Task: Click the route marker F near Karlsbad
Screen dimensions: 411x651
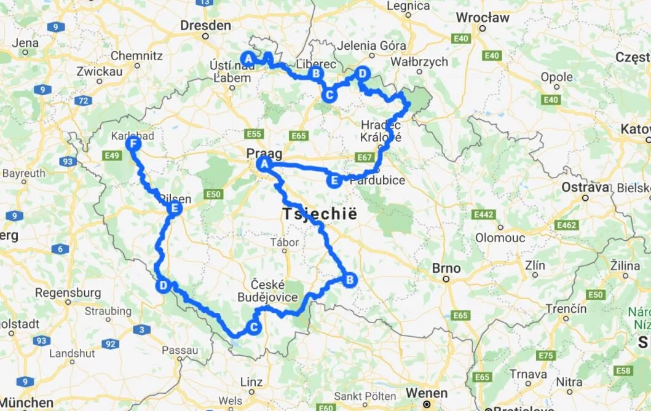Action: point(133,144)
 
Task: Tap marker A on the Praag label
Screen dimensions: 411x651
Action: point(264,164)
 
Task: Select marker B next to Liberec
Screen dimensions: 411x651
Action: point(315,74)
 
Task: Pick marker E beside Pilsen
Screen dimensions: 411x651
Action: point(175,209)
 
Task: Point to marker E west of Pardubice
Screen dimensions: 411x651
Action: point(334,181)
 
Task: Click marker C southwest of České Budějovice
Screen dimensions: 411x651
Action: point(253,327)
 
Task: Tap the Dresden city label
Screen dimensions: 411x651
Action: point(206,26)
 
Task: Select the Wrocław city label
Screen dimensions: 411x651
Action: point(483,18)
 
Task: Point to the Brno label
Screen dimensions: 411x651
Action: point(446,268)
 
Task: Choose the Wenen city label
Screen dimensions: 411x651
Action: point(427,393)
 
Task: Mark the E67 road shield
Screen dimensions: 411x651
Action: point(365,158)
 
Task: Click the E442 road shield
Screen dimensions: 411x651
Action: point(484,214)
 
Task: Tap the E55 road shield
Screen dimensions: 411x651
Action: point(253,134)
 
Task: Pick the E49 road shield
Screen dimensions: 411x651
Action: point(112,156)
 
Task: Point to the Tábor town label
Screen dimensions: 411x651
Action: point(285,242)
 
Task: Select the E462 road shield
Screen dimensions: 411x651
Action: point(566,225)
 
